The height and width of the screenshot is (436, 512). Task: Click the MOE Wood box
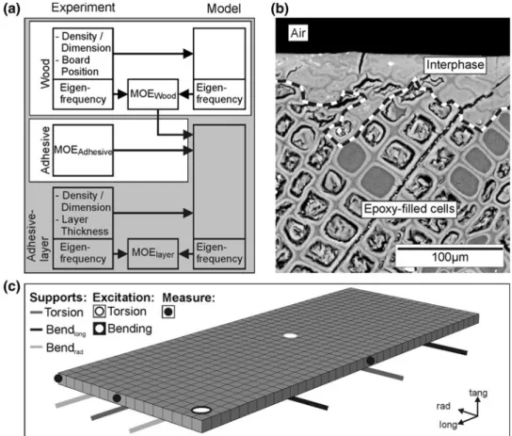(x=153, y=94)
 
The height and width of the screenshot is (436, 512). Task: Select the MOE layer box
(x=153, y=253)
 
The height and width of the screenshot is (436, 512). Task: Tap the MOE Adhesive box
(x=83, y=151)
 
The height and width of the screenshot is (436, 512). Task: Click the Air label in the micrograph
(x=298, y=33)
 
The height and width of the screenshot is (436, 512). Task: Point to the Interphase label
(x=456, y=65)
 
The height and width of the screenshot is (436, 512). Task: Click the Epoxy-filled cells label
(x=409, y=209)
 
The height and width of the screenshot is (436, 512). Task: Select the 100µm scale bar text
(x=450, y=257)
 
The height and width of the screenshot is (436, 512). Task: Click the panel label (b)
(x=280, y=8)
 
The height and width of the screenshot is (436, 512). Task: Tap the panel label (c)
(x=11, y=286)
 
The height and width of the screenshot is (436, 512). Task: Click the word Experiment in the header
(x=83, y=8)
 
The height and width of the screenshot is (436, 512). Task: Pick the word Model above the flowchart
(x=224, y=8)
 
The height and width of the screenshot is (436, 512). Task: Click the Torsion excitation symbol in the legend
(x=99, y=312)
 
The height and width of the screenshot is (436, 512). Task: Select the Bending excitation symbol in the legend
(x=99, y=329)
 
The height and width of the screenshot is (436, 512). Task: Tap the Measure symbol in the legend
(x=168, y=312)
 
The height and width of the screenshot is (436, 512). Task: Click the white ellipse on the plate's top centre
(x=290, y=335)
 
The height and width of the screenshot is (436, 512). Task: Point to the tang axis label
(x=478, y=393)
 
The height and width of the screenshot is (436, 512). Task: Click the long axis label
(x=448, y=425)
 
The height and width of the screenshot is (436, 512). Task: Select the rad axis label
(x=443, y=406)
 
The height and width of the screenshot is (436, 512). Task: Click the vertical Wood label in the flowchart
(x=45, y=73)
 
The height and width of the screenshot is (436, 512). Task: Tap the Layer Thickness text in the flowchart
(x=85, y=225)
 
